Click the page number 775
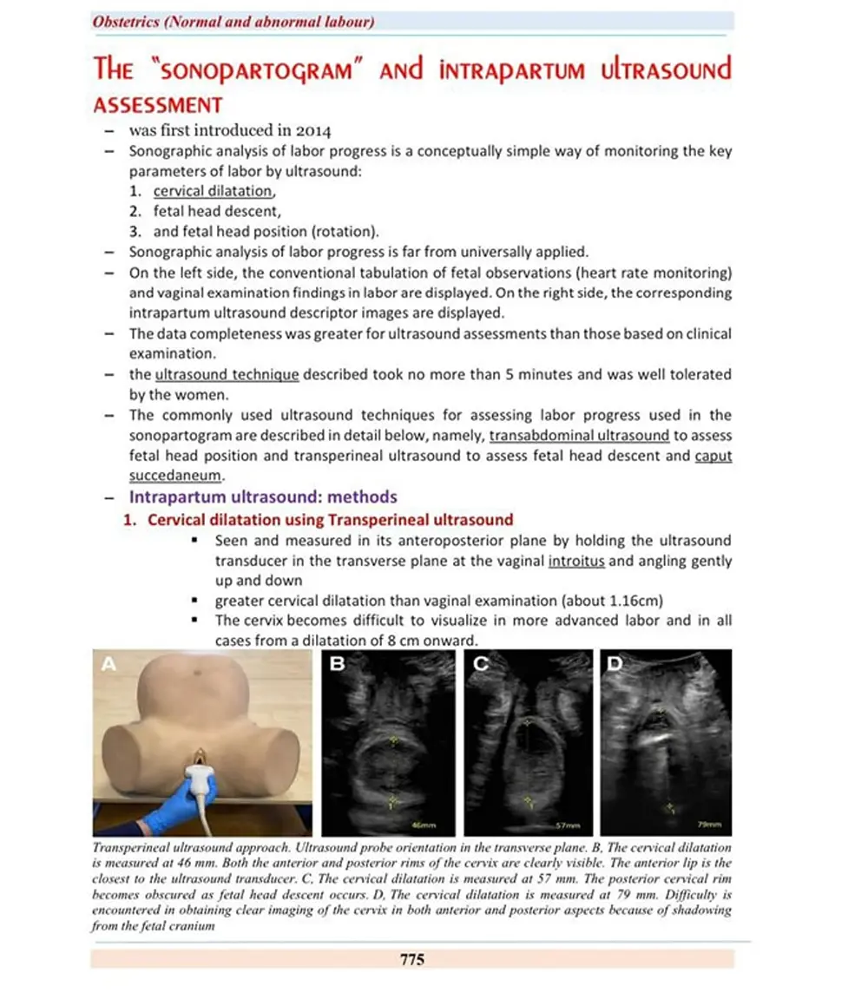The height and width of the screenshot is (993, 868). click(x=412, y=959)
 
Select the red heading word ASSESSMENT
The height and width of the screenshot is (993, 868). click(x=158, y=105)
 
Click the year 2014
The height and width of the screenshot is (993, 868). click(x=313, y=131)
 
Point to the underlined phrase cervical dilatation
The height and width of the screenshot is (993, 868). click(x=214, y=191)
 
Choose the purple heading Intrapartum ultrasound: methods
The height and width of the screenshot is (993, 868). click(x=263, y=497)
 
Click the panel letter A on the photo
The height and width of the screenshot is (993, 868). click(x=109, y=666)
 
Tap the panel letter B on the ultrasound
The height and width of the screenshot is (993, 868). click(x=339, y=666)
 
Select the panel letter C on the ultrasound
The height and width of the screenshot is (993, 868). click(x=483, y=666)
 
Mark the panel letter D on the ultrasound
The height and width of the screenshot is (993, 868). click(x=615, y=666)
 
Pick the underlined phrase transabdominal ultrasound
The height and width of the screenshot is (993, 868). click(x=579, y=436)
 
